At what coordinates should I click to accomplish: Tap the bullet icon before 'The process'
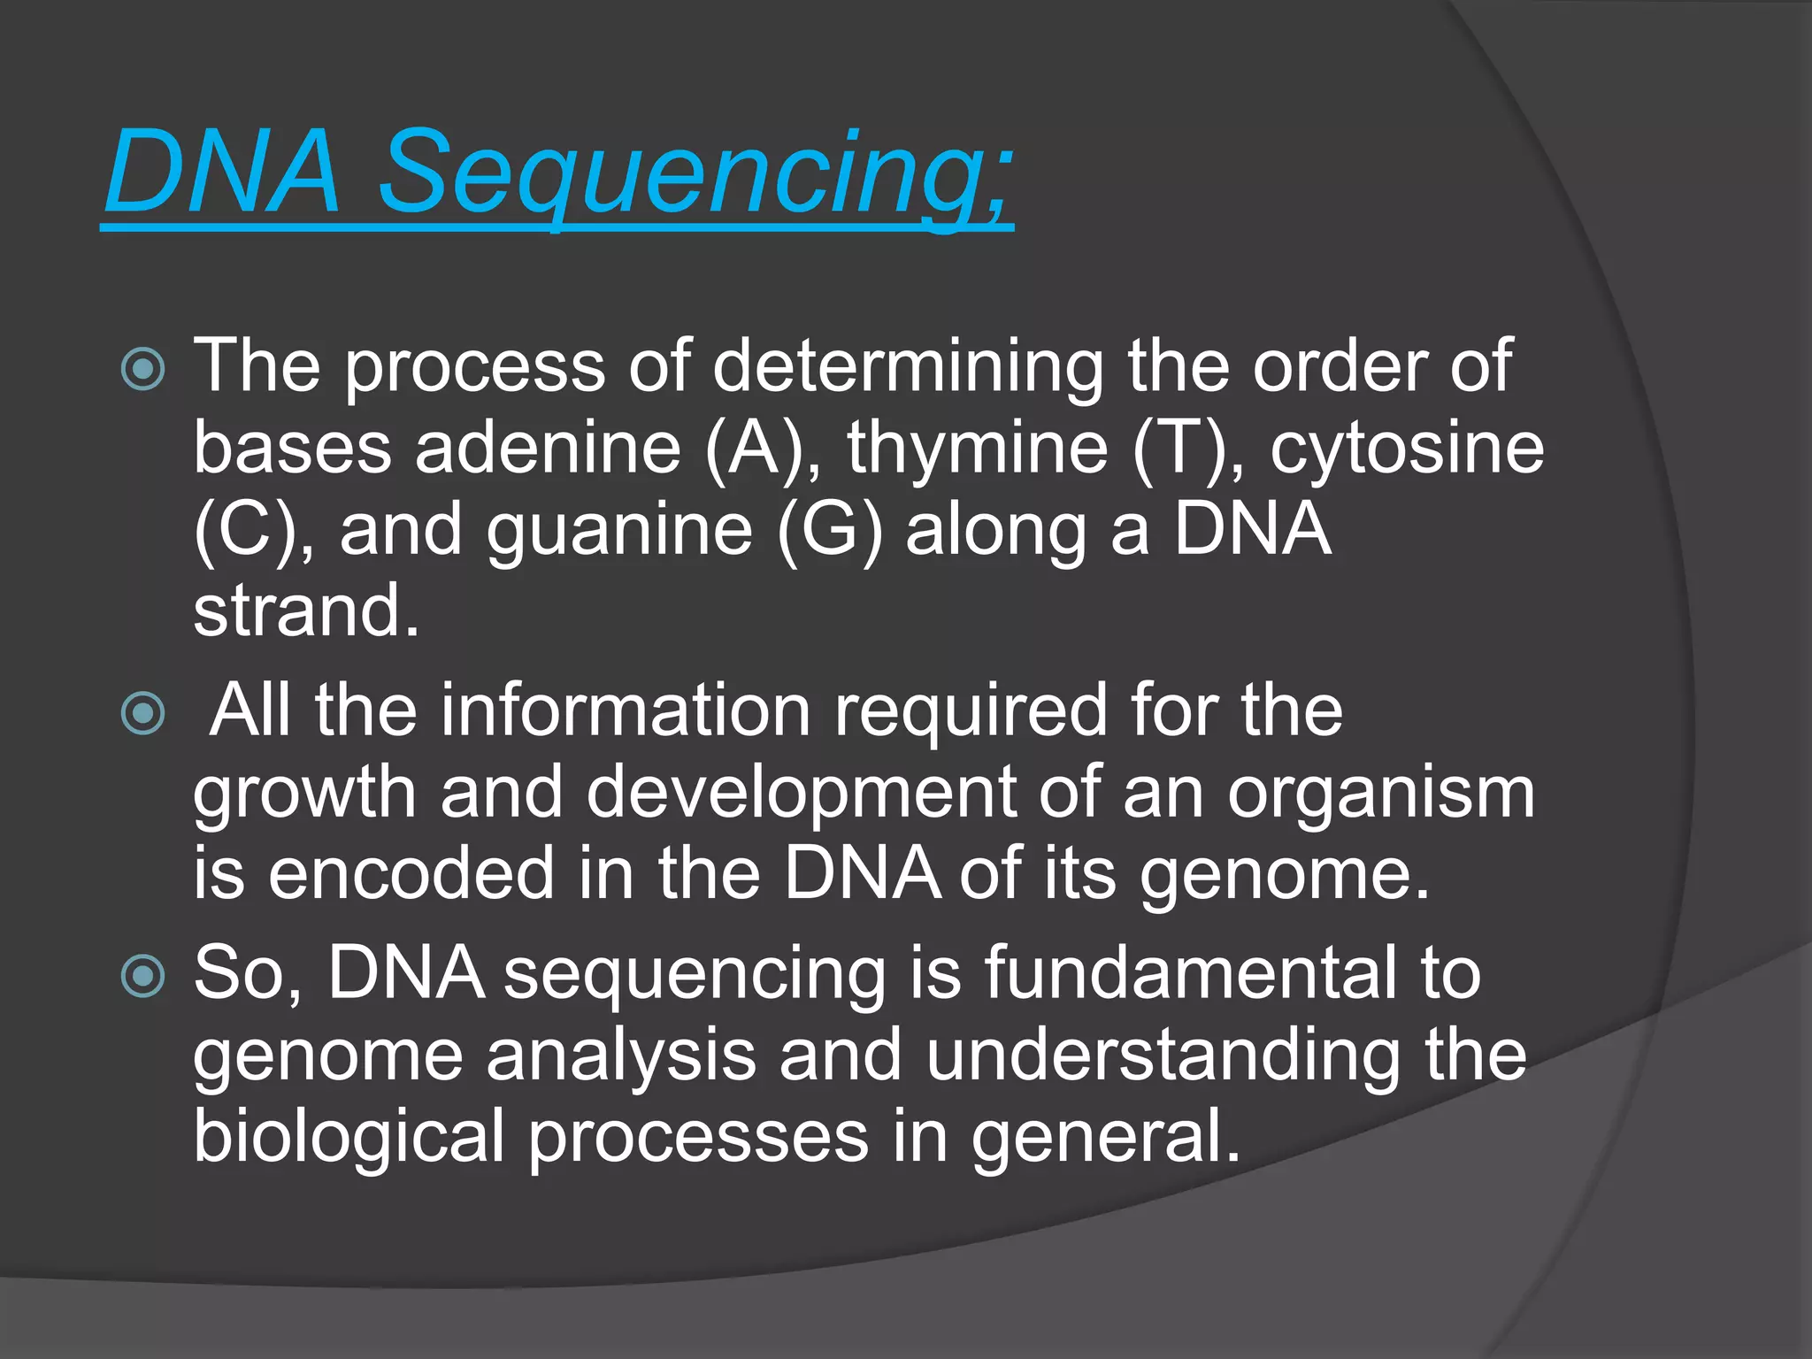pos(142,369)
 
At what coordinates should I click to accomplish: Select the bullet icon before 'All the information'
pos(142,713)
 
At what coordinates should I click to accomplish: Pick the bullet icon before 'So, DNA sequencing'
pos(142,977)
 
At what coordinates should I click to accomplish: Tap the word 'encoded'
pos(411,873)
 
